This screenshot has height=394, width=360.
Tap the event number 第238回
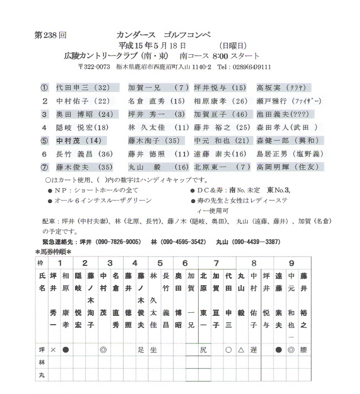50,35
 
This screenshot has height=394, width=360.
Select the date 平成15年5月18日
157,45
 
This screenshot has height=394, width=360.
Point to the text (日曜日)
232,45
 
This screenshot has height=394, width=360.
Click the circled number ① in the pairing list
45,88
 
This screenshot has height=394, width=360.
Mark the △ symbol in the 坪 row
241,350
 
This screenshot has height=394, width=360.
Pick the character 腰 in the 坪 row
304,350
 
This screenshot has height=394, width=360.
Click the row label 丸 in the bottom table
40,375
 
